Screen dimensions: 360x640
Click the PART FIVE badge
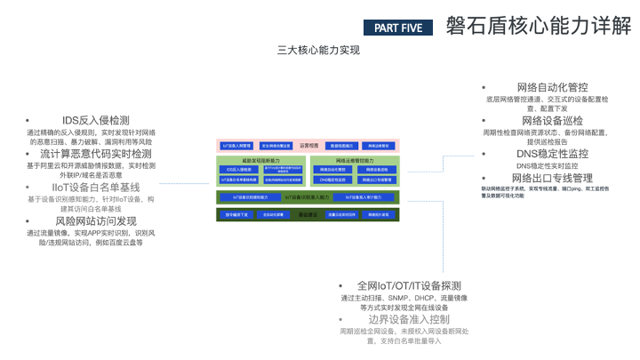(x=398, y=28)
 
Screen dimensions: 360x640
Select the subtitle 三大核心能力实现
(x=319, y=50)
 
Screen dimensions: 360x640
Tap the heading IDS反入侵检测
(x=95, y=120)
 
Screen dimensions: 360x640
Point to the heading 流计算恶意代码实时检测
(x=96, y=154)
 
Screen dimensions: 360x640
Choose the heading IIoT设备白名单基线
(x=96, y=188)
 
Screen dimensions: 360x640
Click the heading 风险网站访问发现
(x=96, y=221)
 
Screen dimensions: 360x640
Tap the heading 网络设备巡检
(x=552, y=121)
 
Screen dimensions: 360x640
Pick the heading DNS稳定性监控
(x=552, y=154)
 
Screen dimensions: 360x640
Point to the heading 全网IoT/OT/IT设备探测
(x=409, y=285)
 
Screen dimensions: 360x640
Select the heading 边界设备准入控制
(x=409, y=319)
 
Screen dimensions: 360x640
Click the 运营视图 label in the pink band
(x=308, y=144)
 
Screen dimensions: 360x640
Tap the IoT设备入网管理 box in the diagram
(x=236, y=144)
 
